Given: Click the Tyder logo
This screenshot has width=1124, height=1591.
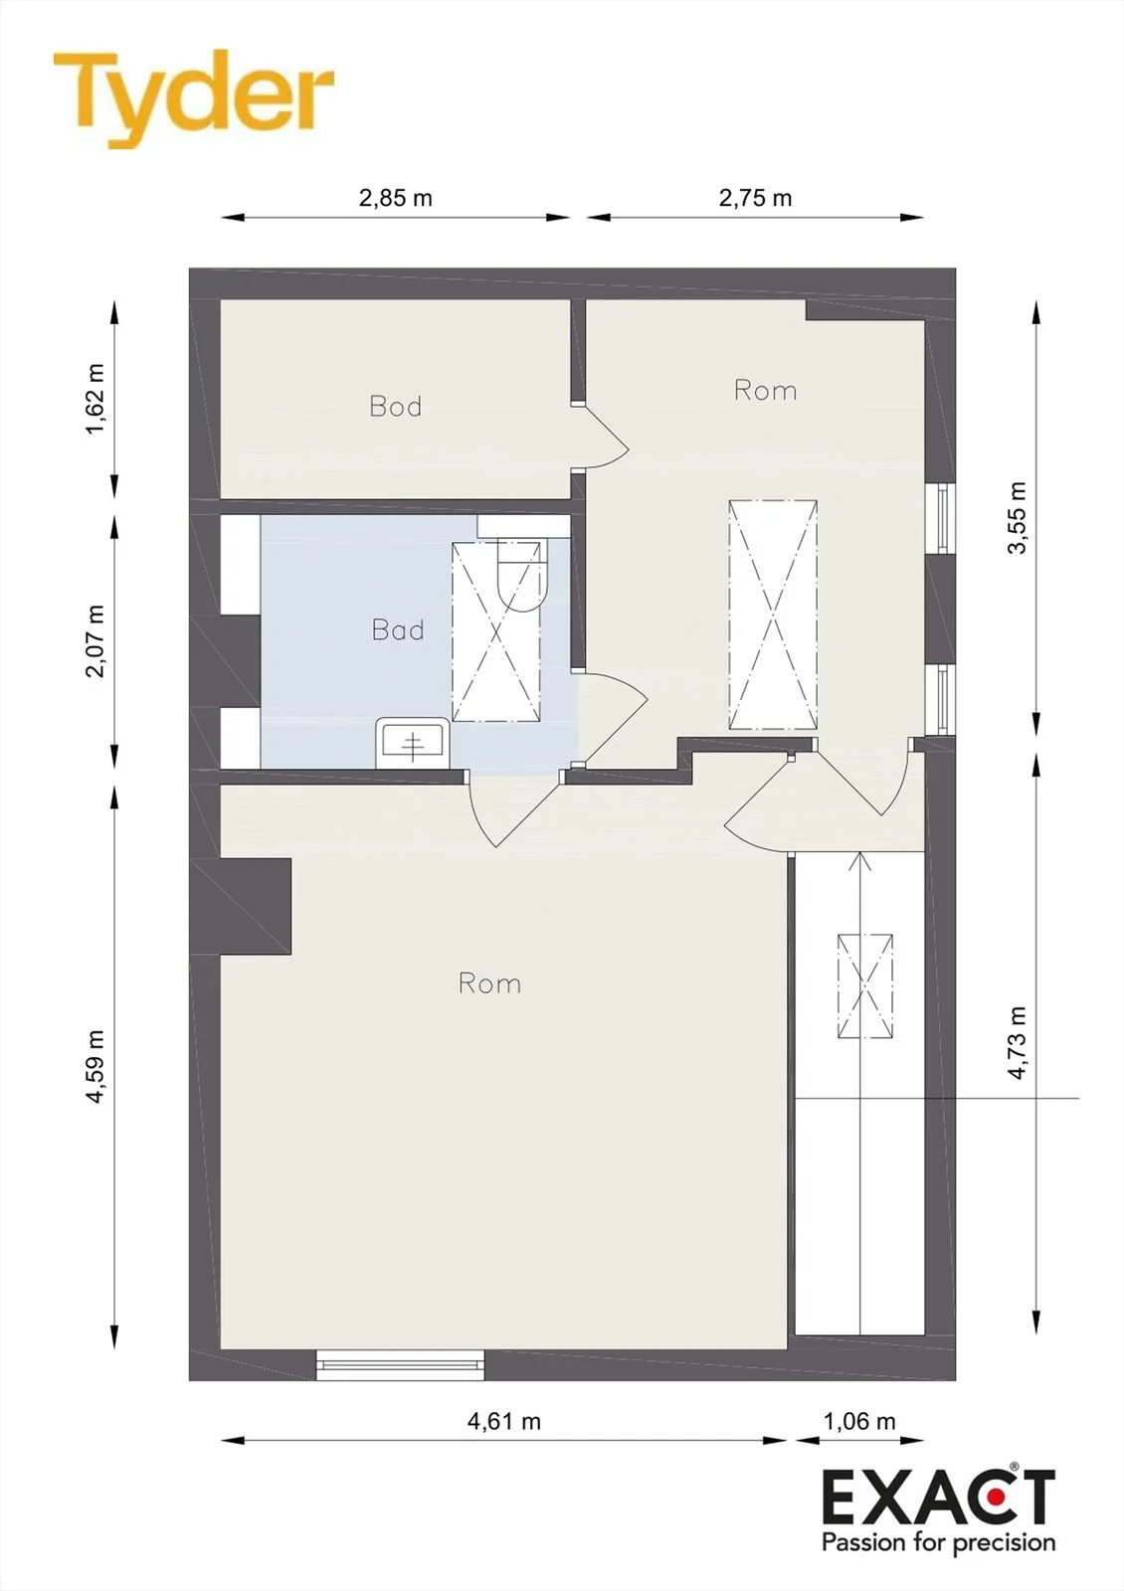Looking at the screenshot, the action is (193, 98).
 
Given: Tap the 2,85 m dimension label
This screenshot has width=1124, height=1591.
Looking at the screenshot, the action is (396, 198).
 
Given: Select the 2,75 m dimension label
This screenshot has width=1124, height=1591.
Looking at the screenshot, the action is (755, 198).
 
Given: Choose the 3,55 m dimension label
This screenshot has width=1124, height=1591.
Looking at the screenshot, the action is (1019, 517).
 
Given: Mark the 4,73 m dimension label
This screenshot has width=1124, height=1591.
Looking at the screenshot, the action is (1019, 1043).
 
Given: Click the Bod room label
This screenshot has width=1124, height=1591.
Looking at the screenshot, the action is (396, 406).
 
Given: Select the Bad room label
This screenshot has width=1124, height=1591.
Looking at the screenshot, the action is (398, 629).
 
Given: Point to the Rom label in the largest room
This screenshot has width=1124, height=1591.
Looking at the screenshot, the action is (489, 983).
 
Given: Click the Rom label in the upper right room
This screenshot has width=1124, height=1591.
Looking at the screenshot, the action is (765, 390).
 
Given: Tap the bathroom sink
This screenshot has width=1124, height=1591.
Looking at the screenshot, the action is (413, 743).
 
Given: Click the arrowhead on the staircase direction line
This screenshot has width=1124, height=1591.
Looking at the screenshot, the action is (859, 861).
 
